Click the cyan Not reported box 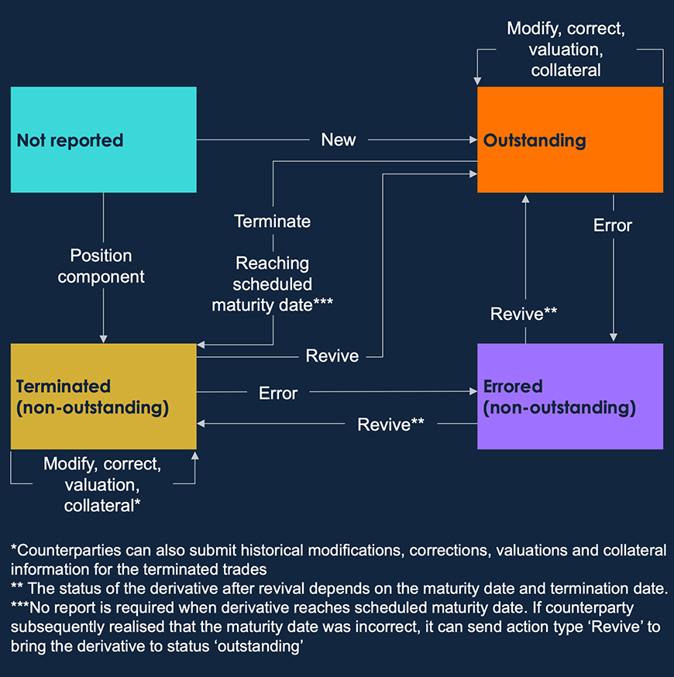103,140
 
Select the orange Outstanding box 569,140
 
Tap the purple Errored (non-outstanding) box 569,397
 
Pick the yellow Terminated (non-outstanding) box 103,397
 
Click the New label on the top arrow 339,140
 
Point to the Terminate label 273,222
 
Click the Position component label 101,266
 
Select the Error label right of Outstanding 613,225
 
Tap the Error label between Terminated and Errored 278,393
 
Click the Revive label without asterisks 332,356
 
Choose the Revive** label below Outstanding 524,314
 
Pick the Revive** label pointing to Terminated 391,424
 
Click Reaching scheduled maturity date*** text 273,284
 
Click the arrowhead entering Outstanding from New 473,140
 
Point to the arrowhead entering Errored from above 613,338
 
